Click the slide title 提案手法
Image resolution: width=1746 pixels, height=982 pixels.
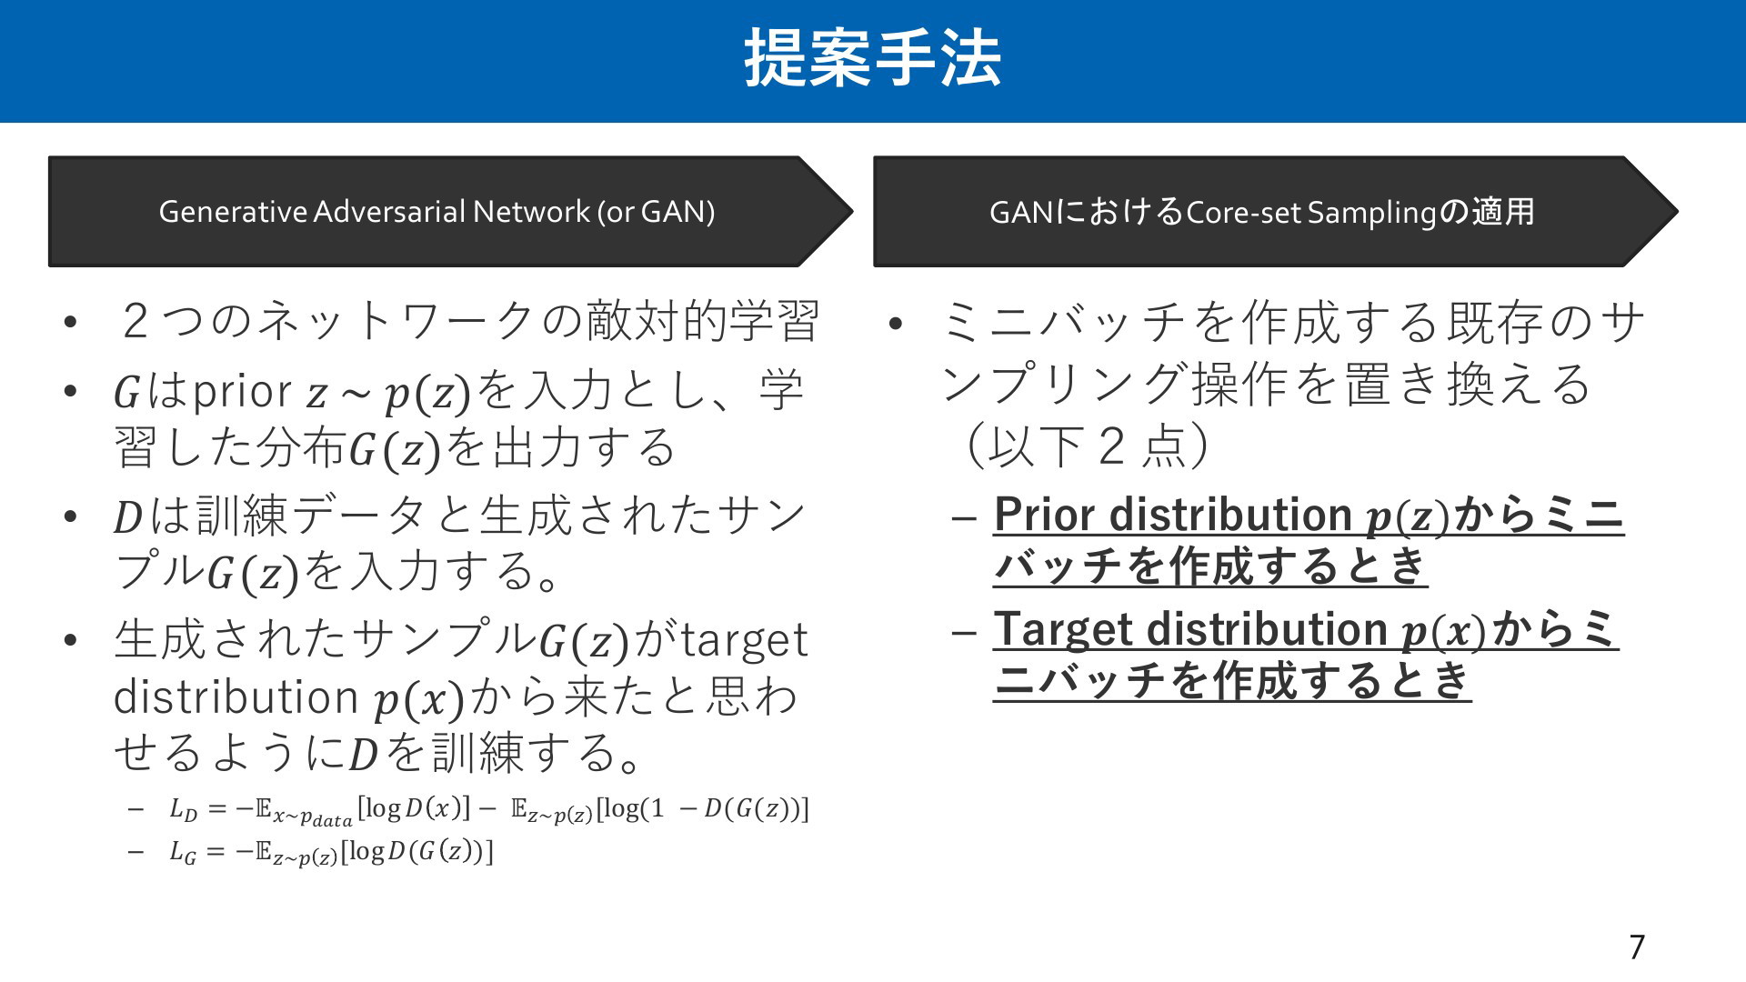(x=873, y=58)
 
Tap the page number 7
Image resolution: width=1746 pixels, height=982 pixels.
(x=1637, y=947)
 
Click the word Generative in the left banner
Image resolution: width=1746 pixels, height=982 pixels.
(x=233, y=212)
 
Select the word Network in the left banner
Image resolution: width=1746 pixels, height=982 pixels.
(x=531, y=212)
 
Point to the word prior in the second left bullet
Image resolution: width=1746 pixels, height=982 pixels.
(x=243, y=393)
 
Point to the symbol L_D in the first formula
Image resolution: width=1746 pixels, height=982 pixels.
(x=183, y=809)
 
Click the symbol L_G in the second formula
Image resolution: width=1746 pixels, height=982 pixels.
(x=183, y=853)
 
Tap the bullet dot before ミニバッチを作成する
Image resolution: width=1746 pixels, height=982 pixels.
(x=896, y=325)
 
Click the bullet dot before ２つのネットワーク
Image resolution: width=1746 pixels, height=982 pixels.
(x=71, y=325)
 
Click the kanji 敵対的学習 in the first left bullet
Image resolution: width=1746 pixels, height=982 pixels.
(x=703, y=323)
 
